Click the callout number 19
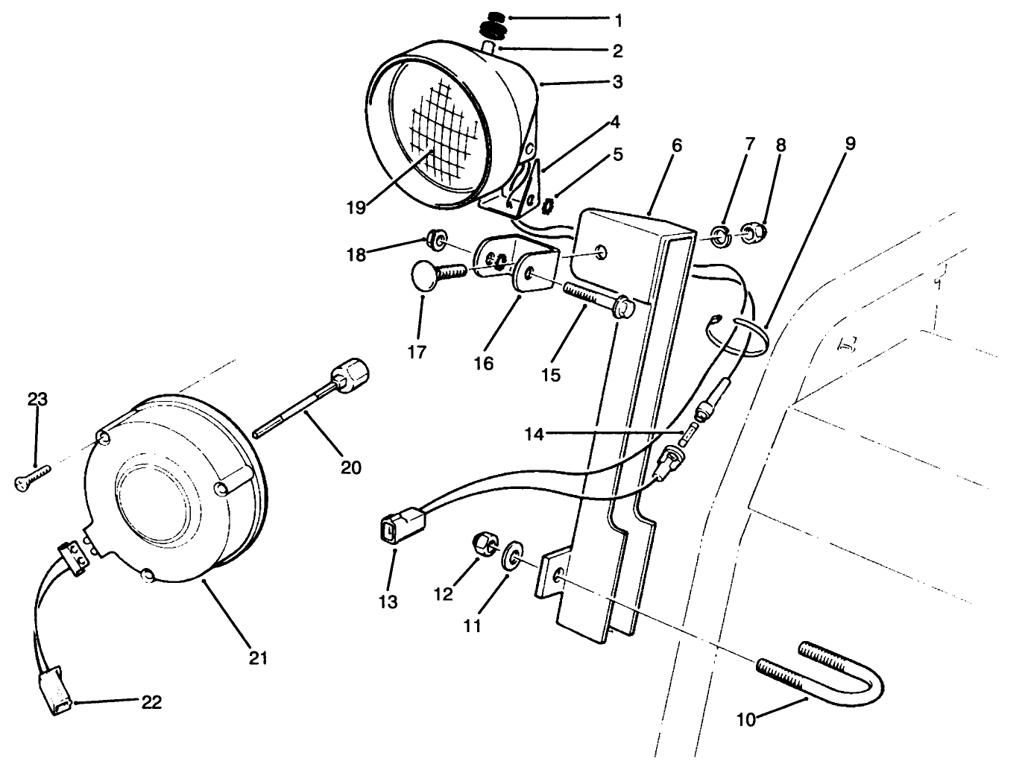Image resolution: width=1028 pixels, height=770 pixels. pos(356,206)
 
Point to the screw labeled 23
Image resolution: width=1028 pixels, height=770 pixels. pos(31,478)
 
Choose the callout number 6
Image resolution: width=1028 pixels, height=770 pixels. pos(676,145)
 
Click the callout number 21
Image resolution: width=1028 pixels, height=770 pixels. pos(259,657)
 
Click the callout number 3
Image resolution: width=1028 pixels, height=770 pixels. pos(617,82)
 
